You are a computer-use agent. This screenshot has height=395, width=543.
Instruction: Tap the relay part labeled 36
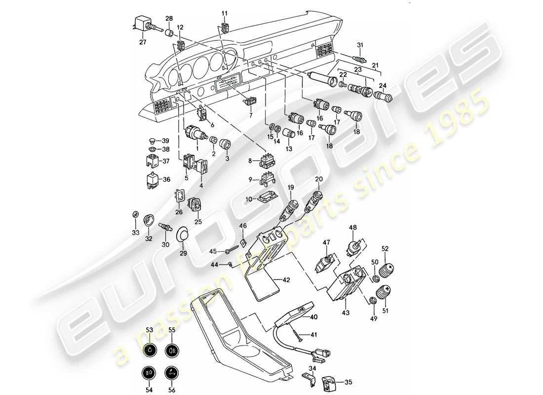[x=152, y=180]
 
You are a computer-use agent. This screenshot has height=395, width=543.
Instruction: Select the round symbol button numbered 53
[x=149, y=351]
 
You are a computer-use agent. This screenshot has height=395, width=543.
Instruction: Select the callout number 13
[x=289, y=149]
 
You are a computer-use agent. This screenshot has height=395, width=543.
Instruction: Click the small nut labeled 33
[x=135, y=214]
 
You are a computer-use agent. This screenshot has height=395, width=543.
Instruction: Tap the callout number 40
[x=313, y=318]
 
